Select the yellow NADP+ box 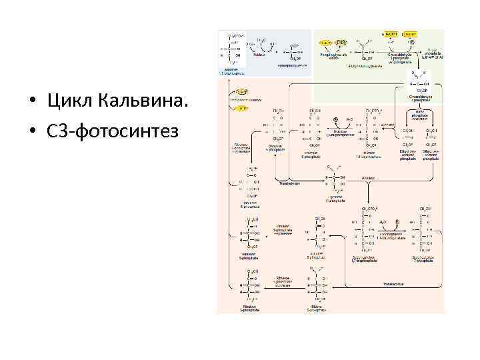[409, 33]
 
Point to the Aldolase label [365, 179]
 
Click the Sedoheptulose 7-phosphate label [424, 257]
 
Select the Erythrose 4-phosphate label [335, 199]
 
